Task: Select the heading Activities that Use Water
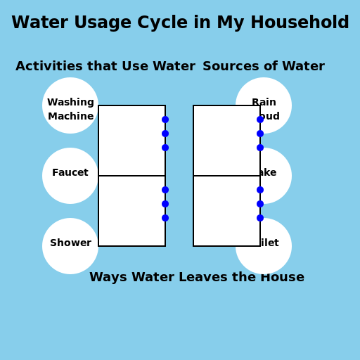point(105,67)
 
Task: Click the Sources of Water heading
point(264,67)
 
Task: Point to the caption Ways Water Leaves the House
point(197,278)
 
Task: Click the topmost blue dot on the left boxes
point(165,120)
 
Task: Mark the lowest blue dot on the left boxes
point(165,218)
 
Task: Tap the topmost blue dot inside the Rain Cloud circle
point(260,120)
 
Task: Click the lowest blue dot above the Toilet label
point(260,218)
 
